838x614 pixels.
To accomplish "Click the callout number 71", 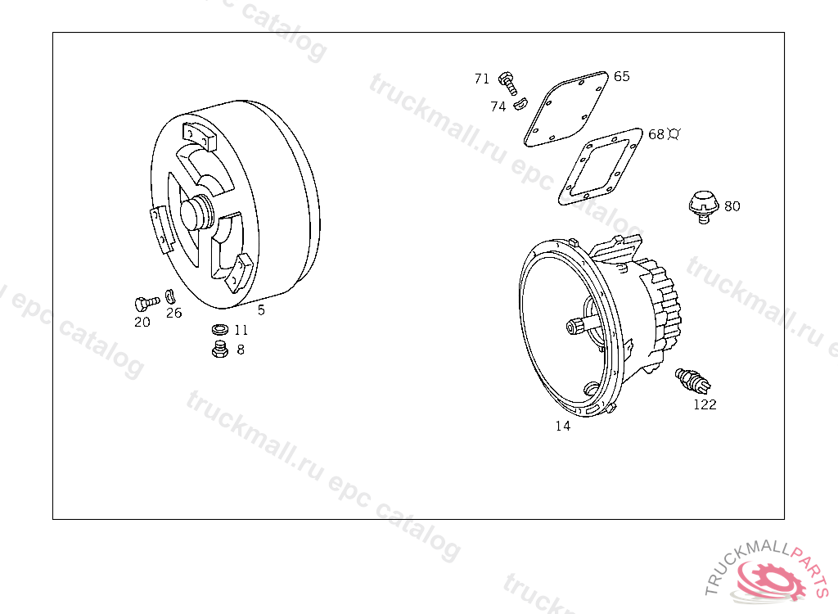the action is pyautogui.click(x=481, y=79).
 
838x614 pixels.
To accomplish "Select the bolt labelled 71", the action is pyautogui.click(x=507, y=84).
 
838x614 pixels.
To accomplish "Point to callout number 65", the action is pyautogui.click(x=622, y=76).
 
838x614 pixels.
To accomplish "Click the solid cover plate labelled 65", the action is pyautogui.click(x=566, y=109).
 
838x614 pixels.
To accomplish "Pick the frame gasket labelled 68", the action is pyautogui.click(x=600, y=166).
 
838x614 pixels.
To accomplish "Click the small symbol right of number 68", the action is pyautogui.click(x=674, y=133).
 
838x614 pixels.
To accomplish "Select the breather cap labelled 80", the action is pyautogui.click(x=703, y=206).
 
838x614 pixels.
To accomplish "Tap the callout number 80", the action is pyautogui.click(x=732, y=206).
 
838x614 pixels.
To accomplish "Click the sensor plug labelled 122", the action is pyautogui.click(x=692, y=379).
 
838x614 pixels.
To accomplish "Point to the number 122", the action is pyautogui.click(x=705, y=405).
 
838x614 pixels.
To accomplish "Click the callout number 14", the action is pyautogui.click(x=563, y=427).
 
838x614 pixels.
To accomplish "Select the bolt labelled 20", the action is pyautogui.click(x=147, y=304).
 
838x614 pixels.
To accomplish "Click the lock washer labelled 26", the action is pyautogui.click(x=170, y=296).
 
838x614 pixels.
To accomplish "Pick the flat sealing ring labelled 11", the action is pyautogui.click(x=220, y=329).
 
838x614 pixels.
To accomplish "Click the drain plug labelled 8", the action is pyautogui.click(x=219, y=349).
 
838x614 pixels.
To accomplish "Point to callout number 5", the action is pyautogui.click(x=261, y=310).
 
